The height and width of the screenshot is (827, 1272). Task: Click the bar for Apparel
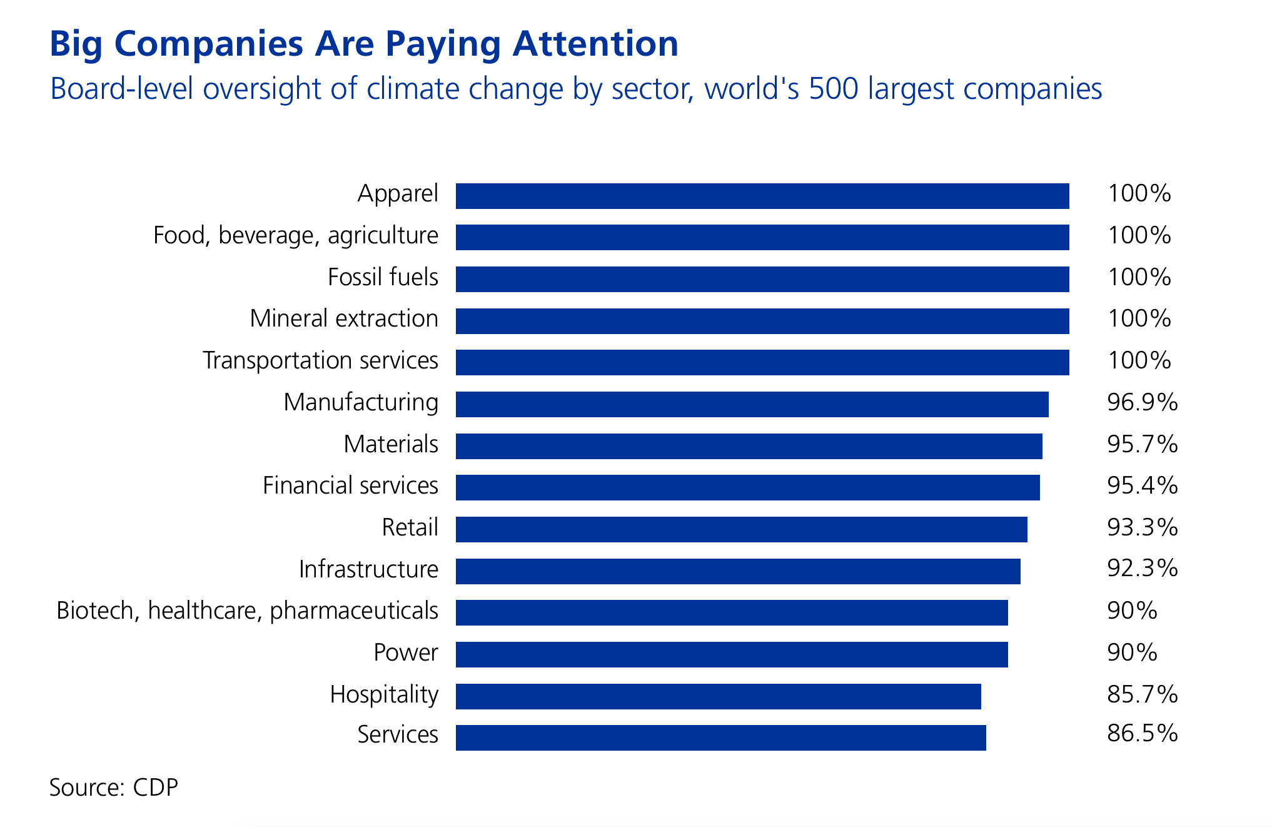coord(762,196)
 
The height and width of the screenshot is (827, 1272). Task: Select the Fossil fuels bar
coord(762,279)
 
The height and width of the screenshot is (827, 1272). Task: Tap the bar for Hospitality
coord(718,696)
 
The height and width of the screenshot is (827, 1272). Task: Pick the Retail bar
coord(741,529)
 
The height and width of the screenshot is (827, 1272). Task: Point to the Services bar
coord(720,738)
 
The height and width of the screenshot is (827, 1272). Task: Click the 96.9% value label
coord(1142,402)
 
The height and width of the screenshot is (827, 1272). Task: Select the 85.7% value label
coord(1142,694)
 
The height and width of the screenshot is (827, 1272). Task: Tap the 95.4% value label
coord(1142,485)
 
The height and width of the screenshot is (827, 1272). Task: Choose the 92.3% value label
coord(1142,568)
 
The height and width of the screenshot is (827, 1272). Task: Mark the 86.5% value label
coord(1142,733)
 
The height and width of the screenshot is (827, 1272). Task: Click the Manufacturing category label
coord(361,403)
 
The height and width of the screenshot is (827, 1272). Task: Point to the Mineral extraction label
coord(344,319)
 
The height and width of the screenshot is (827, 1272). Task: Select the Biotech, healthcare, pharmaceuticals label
coord(247,611)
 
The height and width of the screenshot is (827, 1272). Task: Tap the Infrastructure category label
coord(368,570)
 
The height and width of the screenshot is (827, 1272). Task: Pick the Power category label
coord(405,653)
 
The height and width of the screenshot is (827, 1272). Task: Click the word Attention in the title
coord(595,44)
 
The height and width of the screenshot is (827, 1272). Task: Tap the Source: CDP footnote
coord(114,787)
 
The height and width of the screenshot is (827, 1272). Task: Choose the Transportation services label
coord(320,361)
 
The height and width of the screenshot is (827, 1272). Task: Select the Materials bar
coord(749,446)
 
